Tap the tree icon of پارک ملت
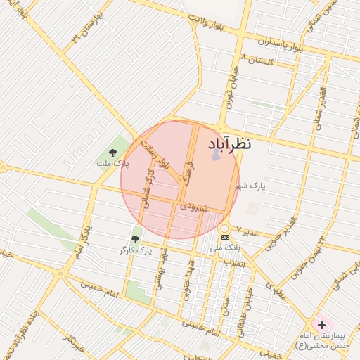(113, 153)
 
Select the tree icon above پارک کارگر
(135, 240)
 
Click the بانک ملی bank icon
(224, 238)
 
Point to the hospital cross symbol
(322, 325)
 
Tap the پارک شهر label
(252, 186)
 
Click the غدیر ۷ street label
(247, 231)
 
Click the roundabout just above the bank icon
(224, 229)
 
